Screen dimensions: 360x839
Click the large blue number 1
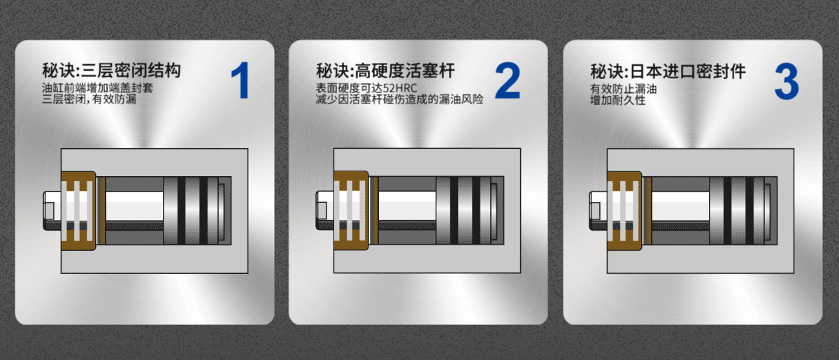[239, 80]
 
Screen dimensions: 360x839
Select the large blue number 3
[786, 80]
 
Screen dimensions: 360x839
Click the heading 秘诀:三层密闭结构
[112, 71]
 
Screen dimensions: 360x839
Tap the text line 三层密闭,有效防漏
[89, 100]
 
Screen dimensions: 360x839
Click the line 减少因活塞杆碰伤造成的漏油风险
[399, 100]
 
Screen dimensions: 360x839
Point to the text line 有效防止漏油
[623, 89]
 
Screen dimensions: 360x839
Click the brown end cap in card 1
[78, 210]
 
